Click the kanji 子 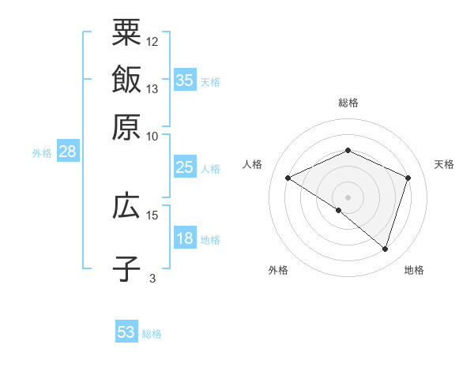click(x=126, y=268)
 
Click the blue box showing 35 click(x=185, y=80)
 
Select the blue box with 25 click(x=185, y=167)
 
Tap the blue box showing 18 click(x=185, y=239)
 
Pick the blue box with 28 click(x=67, y=152)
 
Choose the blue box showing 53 click(x=126, y=332)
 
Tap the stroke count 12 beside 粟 click(x=152, y=41)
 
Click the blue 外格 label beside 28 click(x=42, y=153)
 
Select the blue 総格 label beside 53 click(x=152, y=334)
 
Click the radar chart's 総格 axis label click(x=348, y=103)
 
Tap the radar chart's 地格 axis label click(x=414, y=270)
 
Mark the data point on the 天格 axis click(x=408, y=178)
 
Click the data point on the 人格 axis click(x=288, y=178)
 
